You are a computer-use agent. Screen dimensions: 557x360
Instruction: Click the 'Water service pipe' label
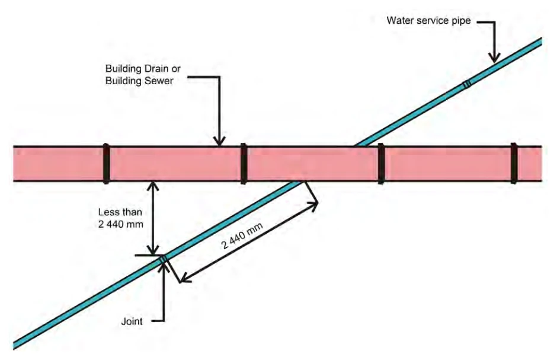click(428, 21)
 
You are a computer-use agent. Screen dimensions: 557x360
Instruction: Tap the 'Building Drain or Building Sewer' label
click(143, 75)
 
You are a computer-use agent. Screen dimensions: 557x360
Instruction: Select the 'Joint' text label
click(132, 321)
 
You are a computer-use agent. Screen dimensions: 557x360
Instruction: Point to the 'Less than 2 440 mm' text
click(120, 218)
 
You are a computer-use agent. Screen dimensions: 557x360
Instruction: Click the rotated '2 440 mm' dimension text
click(242, 235)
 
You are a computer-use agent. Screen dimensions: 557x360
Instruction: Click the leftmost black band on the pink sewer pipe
click(106, 164)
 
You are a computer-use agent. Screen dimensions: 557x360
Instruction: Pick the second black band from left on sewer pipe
click(244, 164)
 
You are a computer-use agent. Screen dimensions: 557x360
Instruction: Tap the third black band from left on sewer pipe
click(381, 164)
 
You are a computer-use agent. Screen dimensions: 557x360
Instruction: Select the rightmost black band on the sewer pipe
click(514, 163)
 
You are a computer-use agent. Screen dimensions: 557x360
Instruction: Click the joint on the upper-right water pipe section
click(467, 84)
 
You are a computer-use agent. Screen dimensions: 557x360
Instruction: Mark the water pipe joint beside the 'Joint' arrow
click(163, 260)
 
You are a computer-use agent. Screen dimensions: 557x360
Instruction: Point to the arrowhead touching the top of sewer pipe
click(219, 141)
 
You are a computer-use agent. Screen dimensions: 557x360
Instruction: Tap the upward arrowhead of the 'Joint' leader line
click(164, 268)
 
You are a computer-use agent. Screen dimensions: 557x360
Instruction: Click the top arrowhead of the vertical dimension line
click(153, 186)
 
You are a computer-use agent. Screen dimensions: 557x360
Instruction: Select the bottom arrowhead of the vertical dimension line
click(153, 250)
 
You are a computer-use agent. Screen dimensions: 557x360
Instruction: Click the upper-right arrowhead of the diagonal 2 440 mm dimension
click(313, 205)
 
